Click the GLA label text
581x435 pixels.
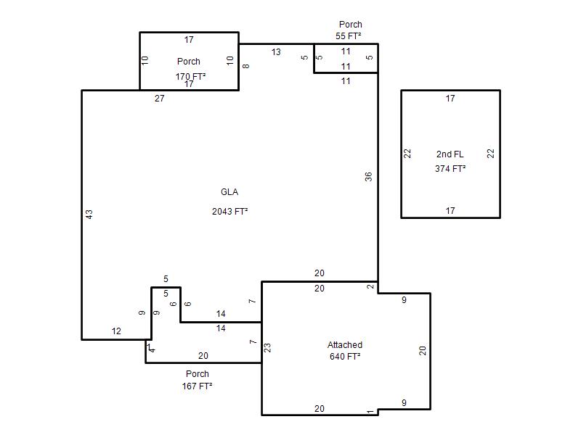(x=229, y=192)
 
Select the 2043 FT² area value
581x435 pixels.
(x=229, y=211)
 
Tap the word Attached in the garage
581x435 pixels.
(x=344, y=345)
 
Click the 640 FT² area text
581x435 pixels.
(x=345, y=356)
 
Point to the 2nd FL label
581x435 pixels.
(x=450, y=154)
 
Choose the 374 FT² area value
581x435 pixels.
(x=450, y=169)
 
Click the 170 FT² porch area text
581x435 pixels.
(x=190, y=76)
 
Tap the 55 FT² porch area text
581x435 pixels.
(x=349, y=36)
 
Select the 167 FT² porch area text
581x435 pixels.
(x=197, y=386)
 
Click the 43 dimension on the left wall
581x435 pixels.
(x=89, y=214)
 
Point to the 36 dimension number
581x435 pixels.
(x=368, y=177)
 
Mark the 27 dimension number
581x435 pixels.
(x=159, y=99)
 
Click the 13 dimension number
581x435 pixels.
(x=276, y=52)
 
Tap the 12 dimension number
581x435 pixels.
(x=116, y=331)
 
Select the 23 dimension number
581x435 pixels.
(x=267, y=348)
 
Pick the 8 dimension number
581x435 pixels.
(x=246, y=66)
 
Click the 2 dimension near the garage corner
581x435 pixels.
(x=370, y=286)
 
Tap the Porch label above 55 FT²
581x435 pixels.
(x=351, y=25)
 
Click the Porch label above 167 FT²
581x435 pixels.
(x=197, y=373)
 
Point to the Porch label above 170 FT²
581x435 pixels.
(x=189, y=62)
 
